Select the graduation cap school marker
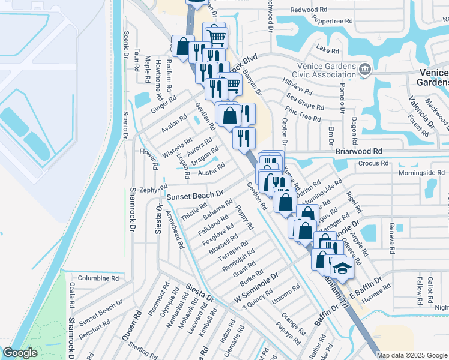pyautogui.click(x=342, y=267)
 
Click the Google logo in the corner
pyautogui.click(x=20, y=353)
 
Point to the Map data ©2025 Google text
pyautogui.click(x=412, y=355)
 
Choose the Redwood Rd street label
pyautogui.click(x=309, y=10)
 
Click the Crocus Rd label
pyautogui.click(x=373, y=163)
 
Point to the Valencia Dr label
pyautogui.click(x=420, y=112)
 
